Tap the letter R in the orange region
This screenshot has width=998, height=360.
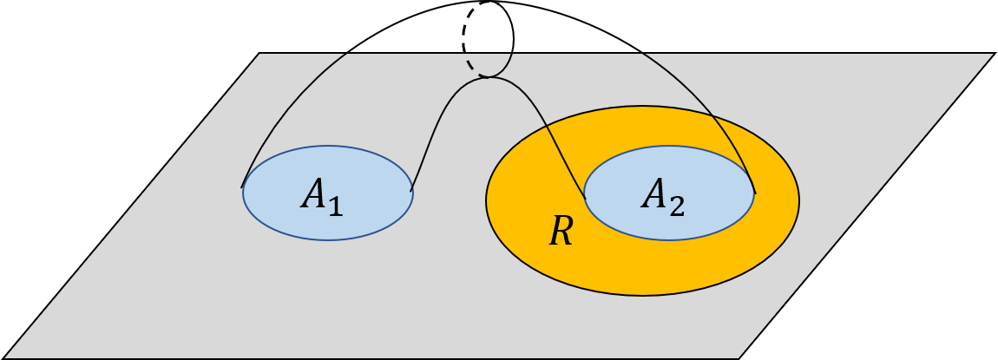click(x=561, y=232)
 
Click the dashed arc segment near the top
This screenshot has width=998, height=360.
click(x=473, y=67)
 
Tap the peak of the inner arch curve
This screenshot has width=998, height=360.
click(x=488, y=77)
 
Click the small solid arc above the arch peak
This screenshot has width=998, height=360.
click(x=504, y=68)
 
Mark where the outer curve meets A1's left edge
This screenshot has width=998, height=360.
click(x=242, y=187)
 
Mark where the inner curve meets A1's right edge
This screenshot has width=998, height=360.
click(x=411, y=189)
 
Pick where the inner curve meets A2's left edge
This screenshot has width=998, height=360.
click(x=585, y=198)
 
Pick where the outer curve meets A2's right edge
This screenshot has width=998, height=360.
click(x=755, y=193)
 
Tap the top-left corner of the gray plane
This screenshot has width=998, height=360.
click(x=260, y=55)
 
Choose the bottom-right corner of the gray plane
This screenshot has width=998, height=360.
click(x=739, y=357)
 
